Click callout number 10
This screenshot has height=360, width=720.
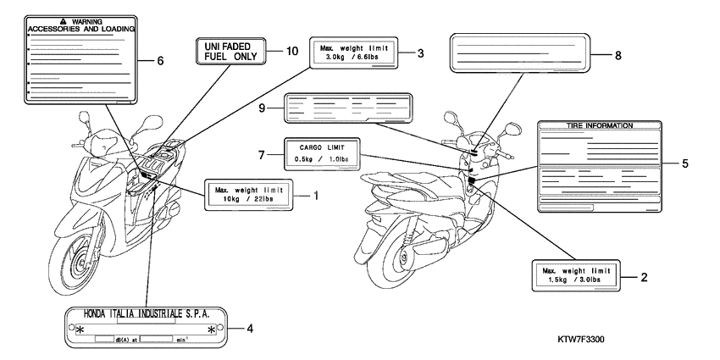pyautogui.click(x=291, y=52)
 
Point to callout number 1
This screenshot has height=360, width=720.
pyautogui.click(x=315, y=195)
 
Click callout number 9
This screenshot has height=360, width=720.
pyautogui.click(x=263, y=108)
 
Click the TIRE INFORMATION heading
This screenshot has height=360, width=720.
pyautogui.click(x=599, y=125)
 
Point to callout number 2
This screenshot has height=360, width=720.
pyautogui.click(x=645, y=276)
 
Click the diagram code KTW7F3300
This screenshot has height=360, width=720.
pyautogui.click(x=586, y=338)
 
